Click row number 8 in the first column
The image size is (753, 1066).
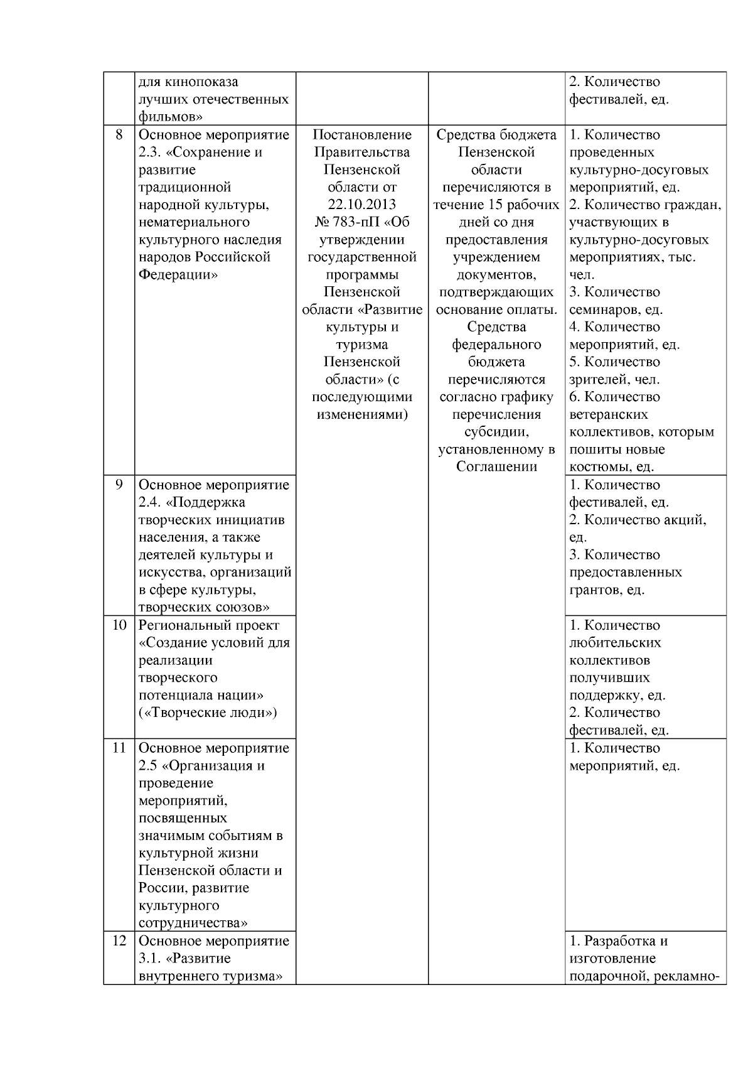pos(119,135)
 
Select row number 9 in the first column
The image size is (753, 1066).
pos(119,485)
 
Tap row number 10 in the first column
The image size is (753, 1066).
pos(119,625)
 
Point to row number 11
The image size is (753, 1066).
pos(119,748)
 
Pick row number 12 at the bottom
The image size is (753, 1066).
pos(119,941)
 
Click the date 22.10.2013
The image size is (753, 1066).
pos(361,205)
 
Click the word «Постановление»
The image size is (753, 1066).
pos(362,135)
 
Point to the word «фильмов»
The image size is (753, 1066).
pos(165,117)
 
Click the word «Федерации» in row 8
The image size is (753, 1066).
pos(177,275)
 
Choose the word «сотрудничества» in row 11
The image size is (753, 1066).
pos(192,923)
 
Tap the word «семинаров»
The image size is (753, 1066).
pos(600,310)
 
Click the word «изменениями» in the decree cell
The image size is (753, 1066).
pos(362,414)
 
